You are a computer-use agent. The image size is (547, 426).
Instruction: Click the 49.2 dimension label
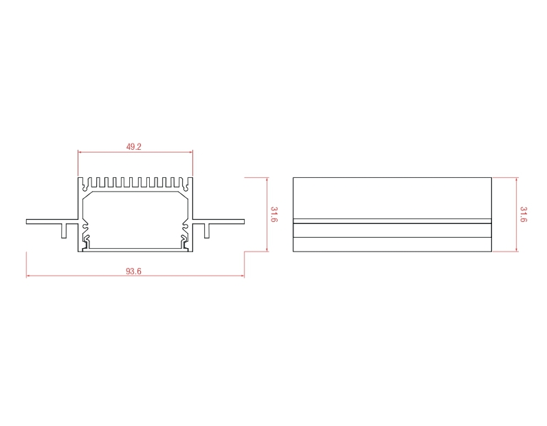(133, 146)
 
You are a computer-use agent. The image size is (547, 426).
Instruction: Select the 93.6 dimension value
(133, 271)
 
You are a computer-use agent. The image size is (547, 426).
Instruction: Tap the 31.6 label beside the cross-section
(274, 214)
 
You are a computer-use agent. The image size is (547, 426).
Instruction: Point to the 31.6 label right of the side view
(523, 214)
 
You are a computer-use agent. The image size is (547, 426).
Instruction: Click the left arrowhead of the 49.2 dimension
(80, 152)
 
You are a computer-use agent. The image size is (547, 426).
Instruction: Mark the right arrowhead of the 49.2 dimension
(190, 152)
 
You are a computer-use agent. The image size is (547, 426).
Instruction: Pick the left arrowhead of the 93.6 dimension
(28, 276)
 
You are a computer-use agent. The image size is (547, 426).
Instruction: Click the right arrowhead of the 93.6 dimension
(242, 276)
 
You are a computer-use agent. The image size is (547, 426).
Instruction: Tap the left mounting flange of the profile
(52, 221)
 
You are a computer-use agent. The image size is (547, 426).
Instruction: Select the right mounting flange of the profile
(219, 221)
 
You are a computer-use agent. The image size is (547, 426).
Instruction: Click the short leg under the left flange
(64, 231)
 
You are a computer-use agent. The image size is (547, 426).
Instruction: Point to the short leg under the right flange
(207, 231)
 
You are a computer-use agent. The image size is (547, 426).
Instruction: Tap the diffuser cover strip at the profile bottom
(135, 249)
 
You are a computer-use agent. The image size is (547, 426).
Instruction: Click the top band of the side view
(392, 198)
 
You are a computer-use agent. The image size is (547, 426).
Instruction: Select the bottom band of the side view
(392, 244)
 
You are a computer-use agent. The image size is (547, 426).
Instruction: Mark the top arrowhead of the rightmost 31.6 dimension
(517, 180)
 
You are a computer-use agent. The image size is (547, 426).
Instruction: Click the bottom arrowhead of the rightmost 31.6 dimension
(517, 249)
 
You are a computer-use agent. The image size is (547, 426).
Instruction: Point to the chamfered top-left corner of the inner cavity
(87, 195)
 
